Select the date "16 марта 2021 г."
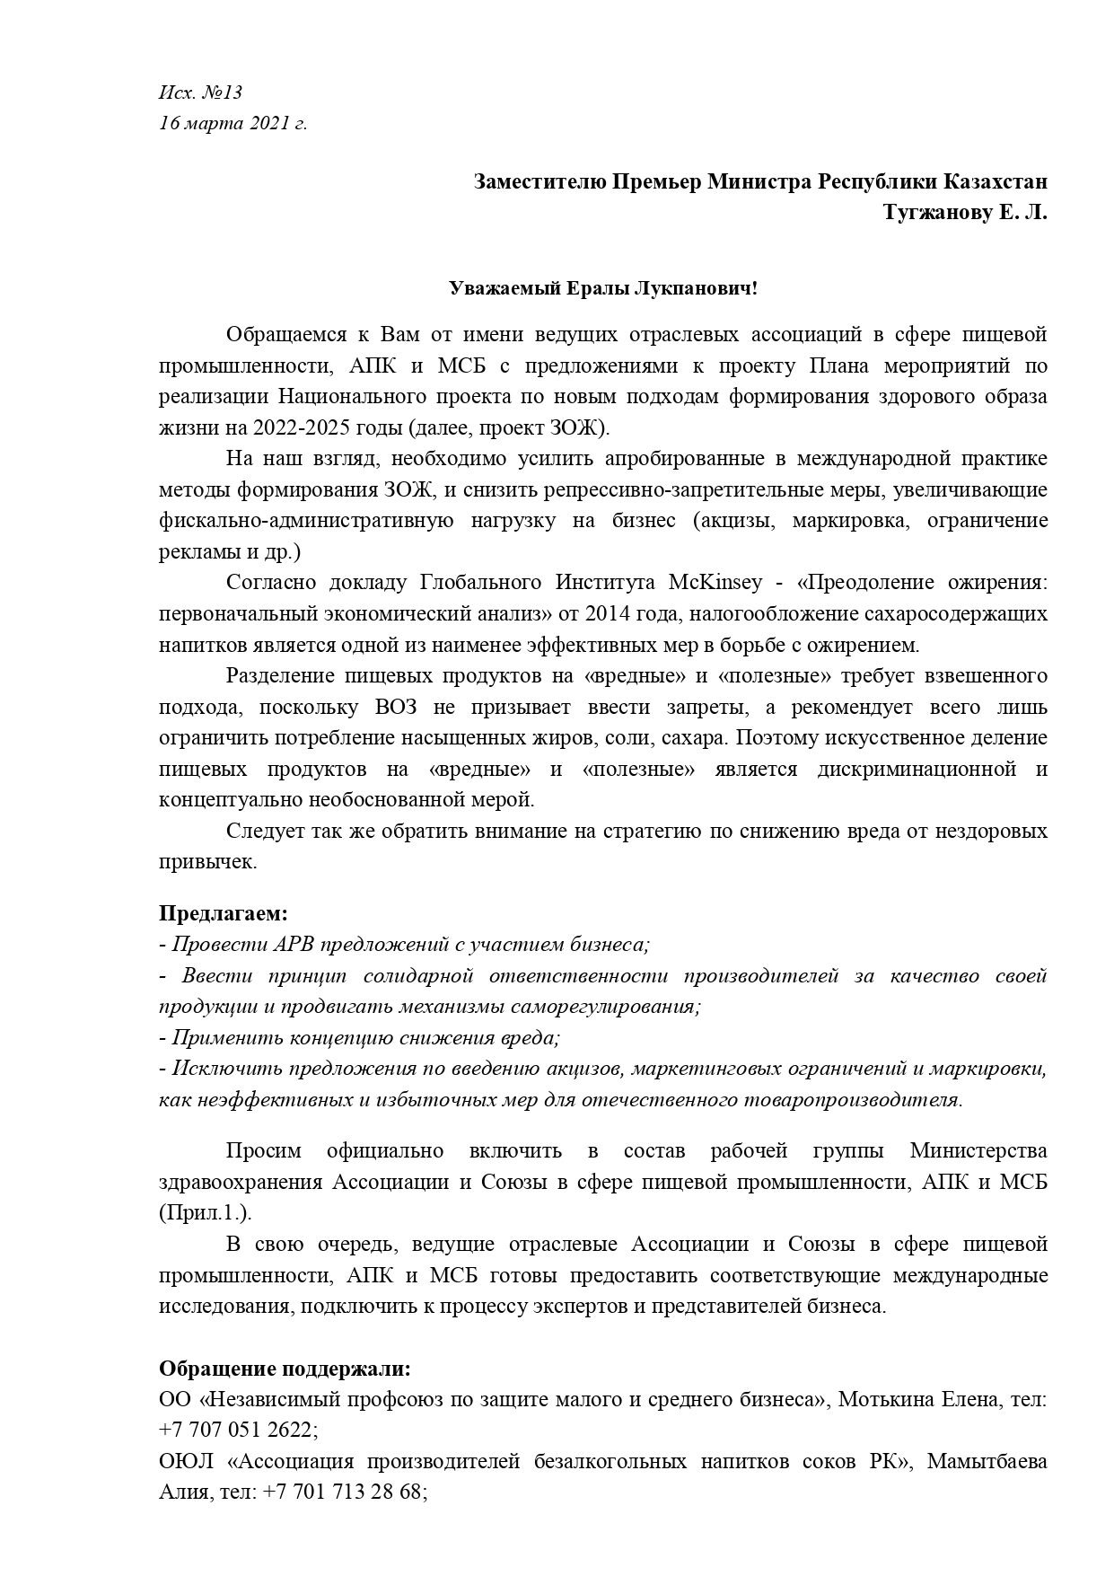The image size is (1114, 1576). point(232,123)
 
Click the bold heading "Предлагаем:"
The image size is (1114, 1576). point(224,913)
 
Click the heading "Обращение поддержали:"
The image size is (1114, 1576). point(285,1369)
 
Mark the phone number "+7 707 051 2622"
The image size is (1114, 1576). point(235,1430)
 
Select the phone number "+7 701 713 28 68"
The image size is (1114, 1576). point(343,1492)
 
